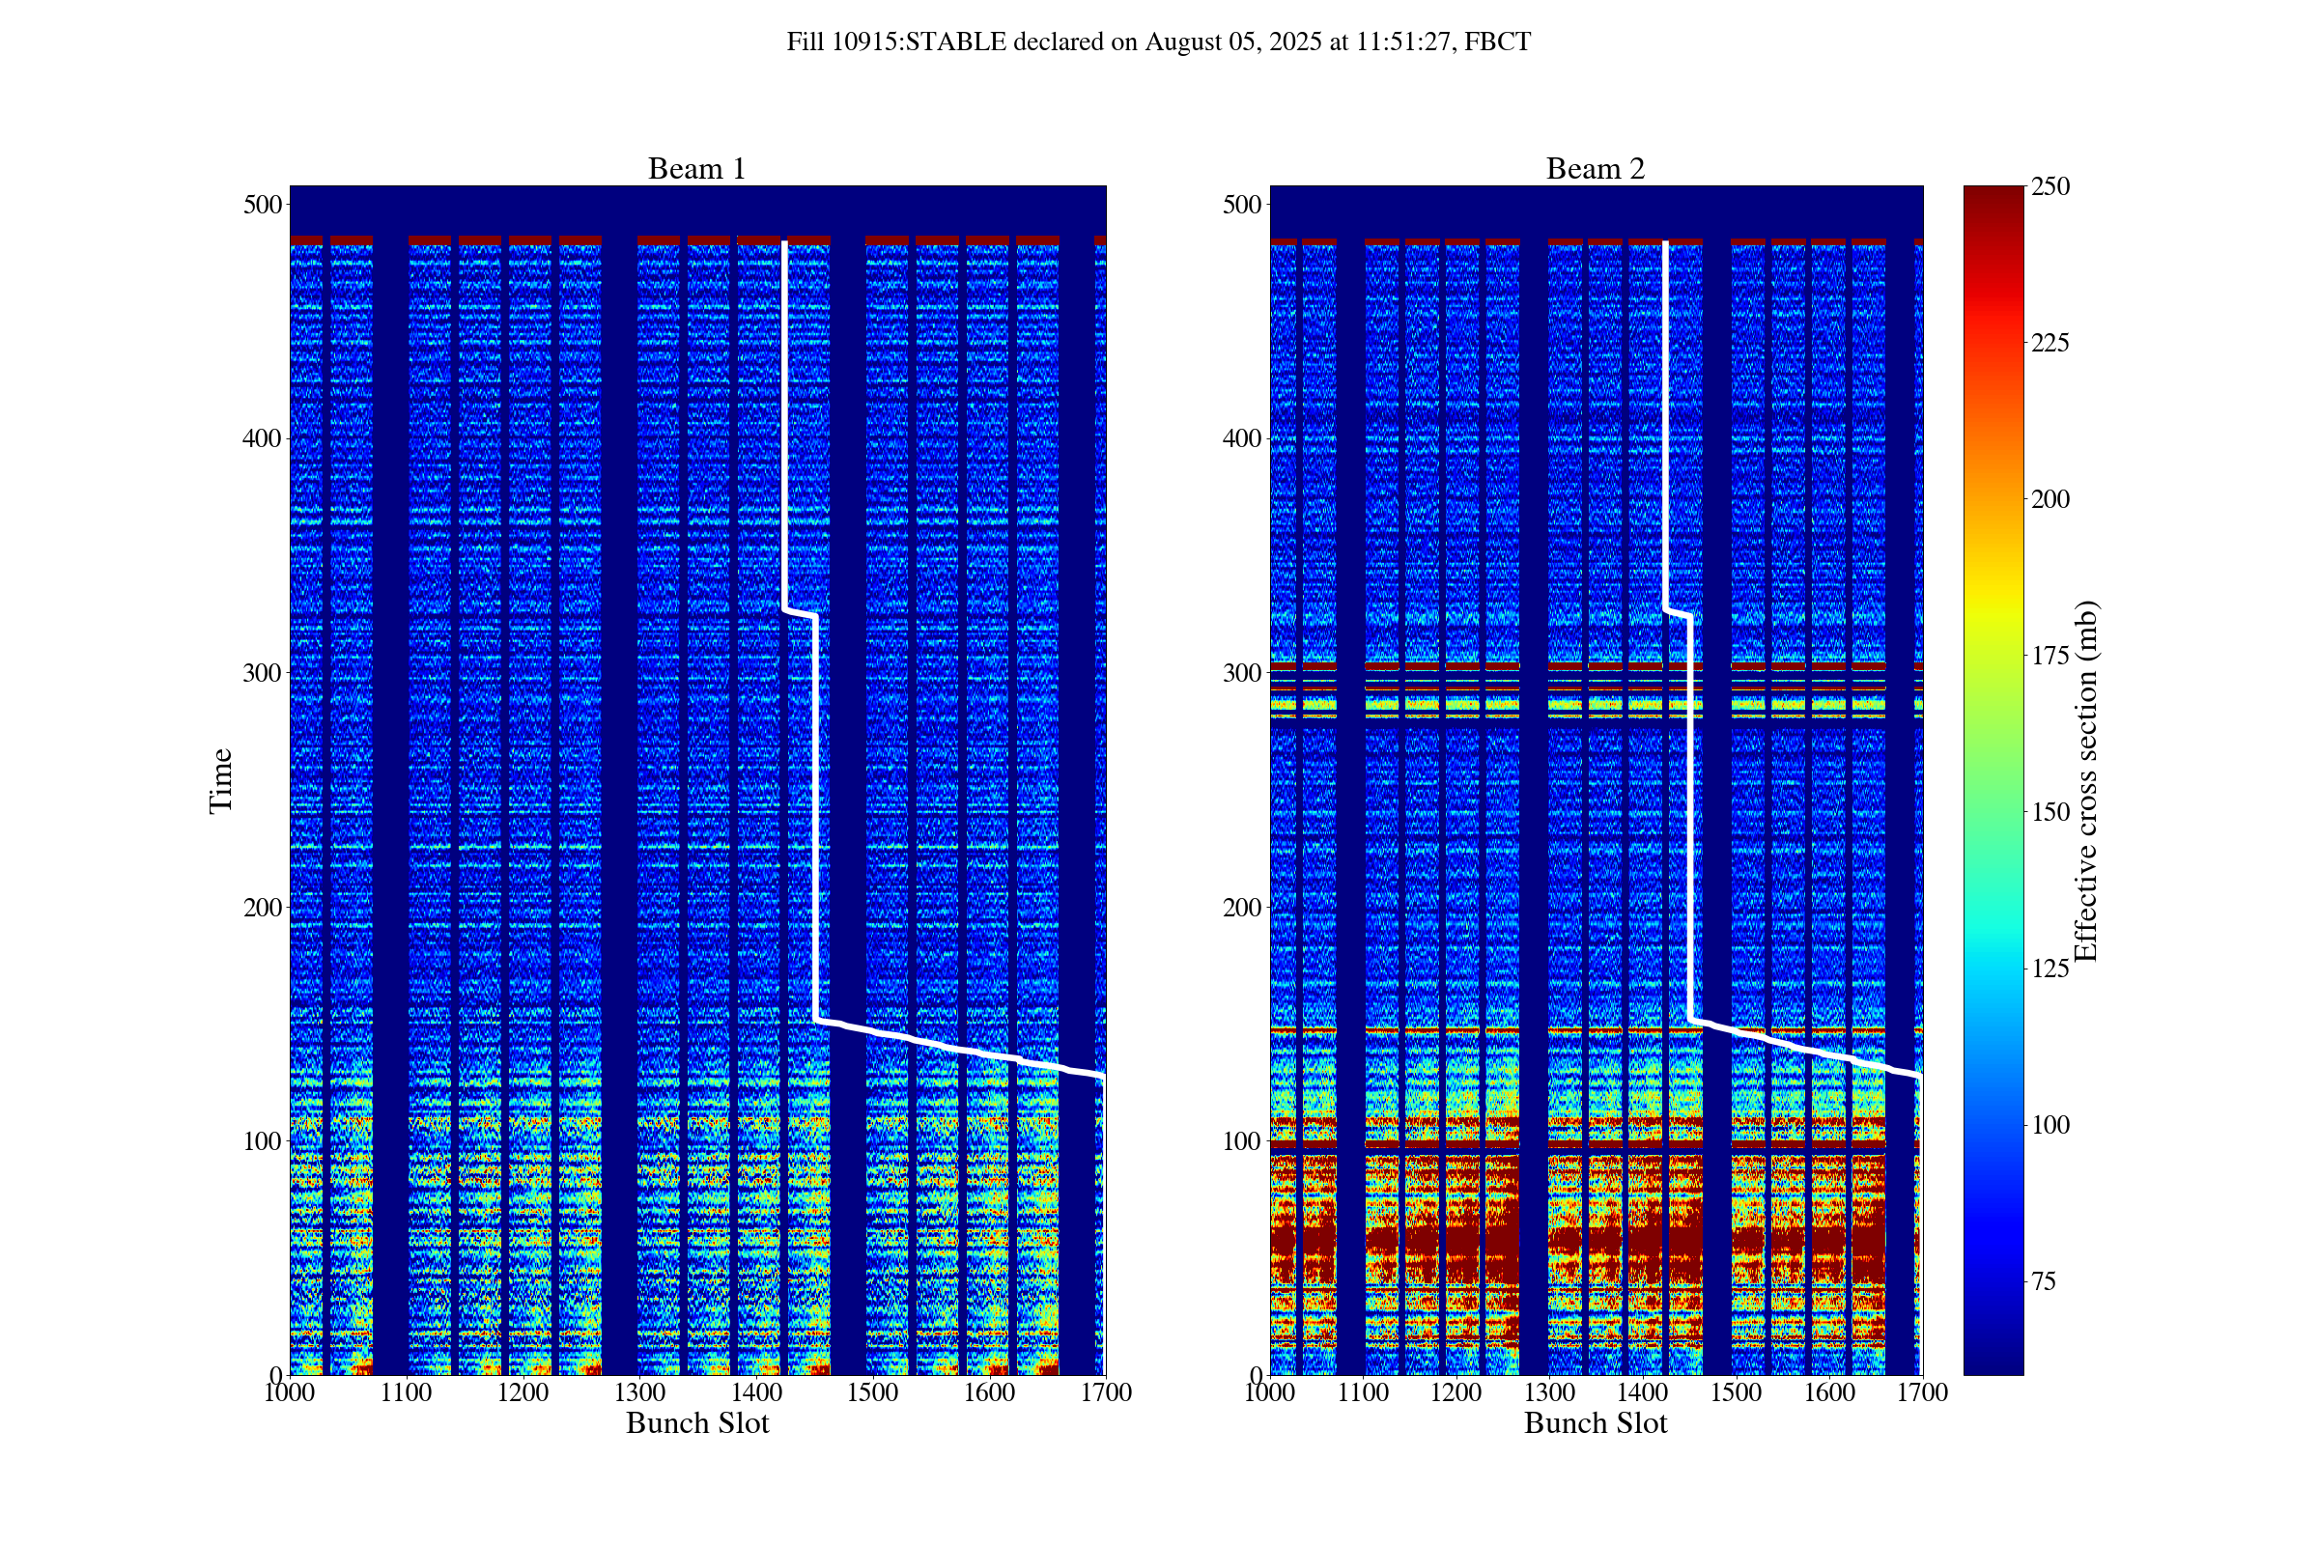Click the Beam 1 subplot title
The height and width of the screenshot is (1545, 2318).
[696, 168]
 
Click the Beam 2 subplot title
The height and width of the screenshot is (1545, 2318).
[1596, 168]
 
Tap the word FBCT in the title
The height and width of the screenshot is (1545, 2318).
[1497, 42]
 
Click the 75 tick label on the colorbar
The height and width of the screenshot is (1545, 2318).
[2044, 1282]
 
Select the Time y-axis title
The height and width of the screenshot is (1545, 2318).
[221, 780]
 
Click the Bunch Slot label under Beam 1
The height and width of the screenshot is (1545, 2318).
[696, 1422]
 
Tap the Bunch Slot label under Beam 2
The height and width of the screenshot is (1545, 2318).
[1596, 1422]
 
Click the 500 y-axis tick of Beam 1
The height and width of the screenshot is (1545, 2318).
[262, 205]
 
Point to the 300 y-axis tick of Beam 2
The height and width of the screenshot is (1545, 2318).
[1242, 673]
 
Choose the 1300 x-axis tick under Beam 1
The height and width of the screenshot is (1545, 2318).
[639, 1392]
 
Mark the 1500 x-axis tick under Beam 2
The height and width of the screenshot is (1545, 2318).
[1736, 1392]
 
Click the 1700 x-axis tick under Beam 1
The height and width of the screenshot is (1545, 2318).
[1106, 1392]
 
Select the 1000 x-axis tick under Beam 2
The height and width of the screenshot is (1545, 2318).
[1270, 1392]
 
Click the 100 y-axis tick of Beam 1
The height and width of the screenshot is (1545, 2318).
[262, 1141]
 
